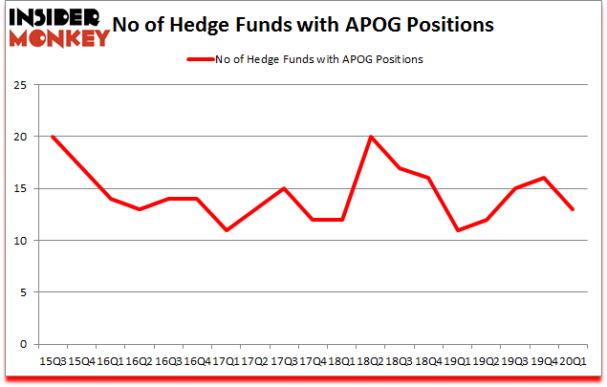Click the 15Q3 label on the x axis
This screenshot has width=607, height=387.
[x=53, y=361]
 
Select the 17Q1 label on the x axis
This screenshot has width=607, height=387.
[x=226, y=361]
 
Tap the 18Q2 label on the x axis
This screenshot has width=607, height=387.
[x=370, y=361]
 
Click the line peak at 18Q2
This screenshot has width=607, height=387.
[x=370, y=137]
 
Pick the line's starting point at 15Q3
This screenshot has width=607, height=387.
[x=53, y=137]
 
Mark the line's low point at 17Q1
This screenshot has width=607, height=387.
[x=226, y=230]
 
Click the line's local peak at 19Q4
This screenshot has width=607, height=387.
[x=543, y=178]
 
